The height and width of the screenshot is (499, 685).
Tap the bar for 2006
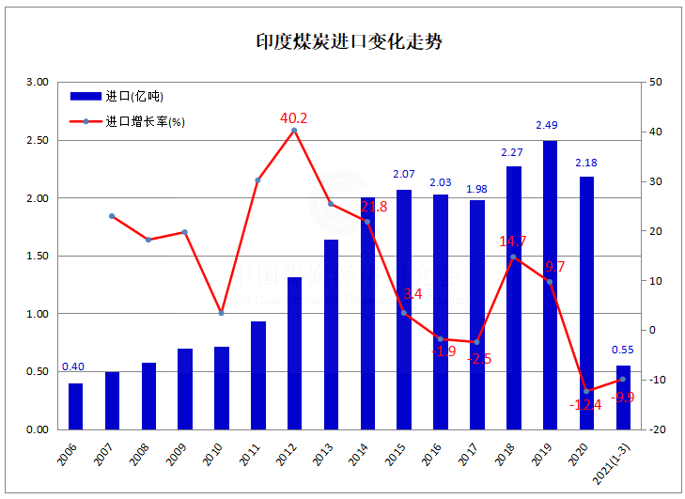coord(75,406)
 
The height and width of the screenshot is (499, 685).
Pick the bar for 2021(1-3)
coord(623,398)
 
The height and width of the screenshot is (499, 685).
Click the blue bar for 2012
coord(294,353)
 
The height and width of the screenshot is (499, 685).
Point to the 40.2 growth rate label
coord(294,118)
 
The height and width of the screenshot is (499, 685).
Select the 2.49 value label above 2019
coord(549,125)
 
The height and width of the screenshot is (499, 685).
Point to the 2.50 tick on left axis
coord(38,140)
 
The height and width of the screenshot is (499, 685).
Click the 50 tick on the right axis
coord(656,83)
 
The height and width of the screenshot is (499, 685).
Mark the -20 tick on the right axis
coord(657,429)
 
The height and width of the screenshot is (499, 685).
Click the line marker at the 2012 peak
coord(294,131)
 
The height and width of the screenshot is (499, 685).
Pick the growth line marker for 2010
coord(222,313)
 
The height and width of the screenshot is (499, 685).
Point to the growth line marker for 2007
coord(112,216)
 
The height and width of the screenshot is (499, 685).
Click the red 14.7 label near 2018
coord(512,242)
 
